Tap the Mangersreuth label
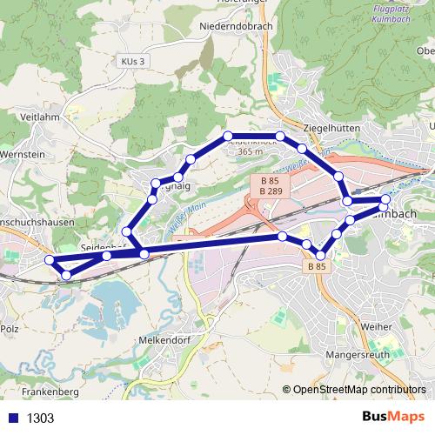(x=354, y=356)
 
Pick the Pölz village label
(x=10, y=330)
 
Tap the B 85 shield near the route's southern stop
(x=317, y=267)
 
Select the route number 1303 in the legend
(x=40, y=418)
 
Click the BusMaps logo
(x=393, y=418)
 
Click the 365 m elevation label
(x=250, y=151)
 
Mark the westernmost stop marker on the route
(x=50, y=260)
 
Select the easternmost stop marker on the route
(x=385, y=201)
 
